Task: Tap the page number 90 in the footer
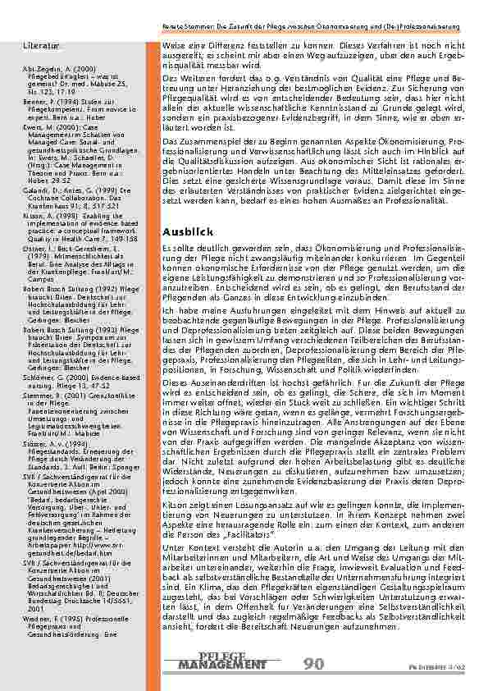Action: coord(314,663)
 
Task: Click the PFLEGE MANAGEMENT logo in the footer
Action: coord(221,661)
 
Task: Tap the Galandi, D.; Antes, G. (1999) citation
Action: coord(71,190)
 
